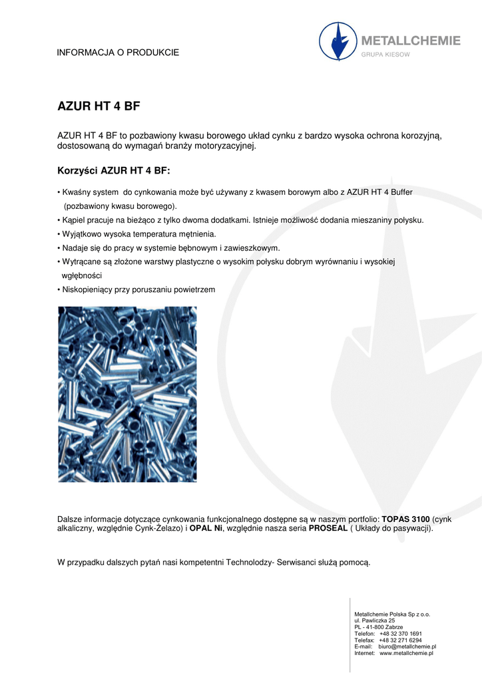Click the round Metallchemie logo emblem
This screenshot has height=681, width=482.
click(338, 41)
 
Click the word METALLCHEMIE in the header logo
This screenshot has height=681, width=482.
click(410, 41)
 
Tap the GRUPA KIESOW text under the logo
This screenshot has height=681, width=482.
click(386, 55)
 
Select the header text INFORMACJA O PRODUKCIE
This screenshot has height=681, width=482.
click(119, 53)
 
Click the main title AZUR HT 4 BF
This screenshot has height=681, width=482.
click(99, 106)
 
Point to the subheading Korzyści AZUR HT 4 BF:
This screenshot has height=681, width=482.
click(114, 171)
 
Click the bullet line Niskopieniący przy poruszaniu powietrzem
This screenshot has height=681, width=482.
click(136, 289)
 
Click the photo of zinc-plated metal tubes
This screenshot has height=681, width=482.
click(127, 394)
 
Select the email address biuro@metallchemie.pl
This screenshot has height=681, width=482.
click(407, 646)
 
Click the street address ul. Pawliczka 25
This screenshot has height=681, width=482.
click(374, 620)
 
